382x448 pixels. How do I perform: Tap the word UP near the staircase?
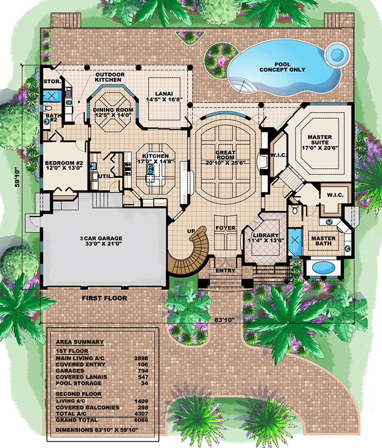[192, 231]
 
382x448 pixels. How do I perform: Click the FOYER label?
[225, 228]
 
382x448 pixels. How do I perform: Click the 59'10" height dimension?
[19, 177]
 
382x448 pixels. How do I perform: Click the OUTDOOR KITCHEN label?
[110, 77]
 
